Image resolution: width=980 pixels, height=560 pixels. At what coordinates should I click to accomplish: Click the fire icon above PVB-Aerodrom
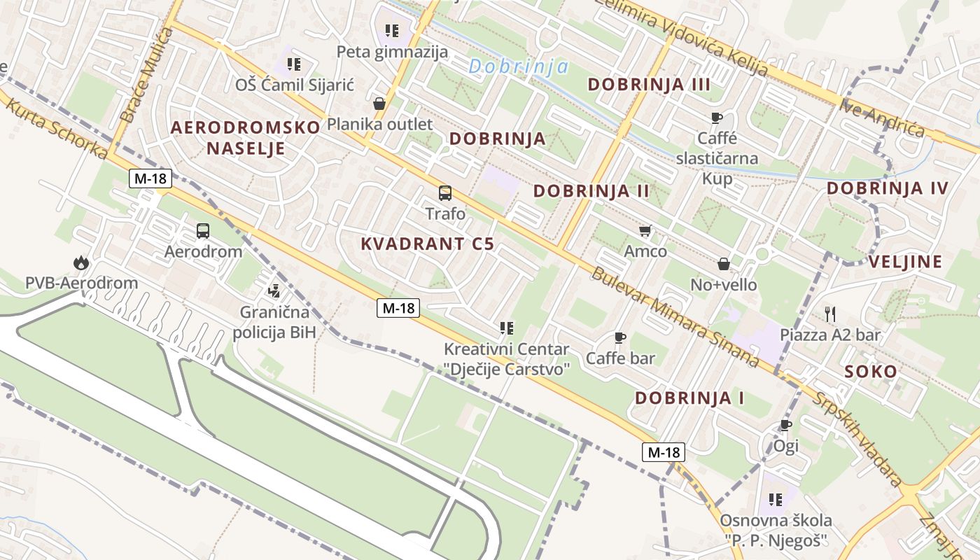pos(81,263)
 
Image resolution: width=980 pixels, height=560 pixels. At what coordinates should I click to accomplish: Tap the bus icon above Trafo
pos(444,193)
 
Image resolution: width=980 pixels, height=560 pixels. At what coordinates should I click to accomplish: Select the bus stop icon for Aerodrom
pos(202,230)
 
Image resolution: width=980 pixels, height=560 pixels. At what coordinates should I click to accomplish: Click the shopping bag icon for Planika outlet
pos(379,104)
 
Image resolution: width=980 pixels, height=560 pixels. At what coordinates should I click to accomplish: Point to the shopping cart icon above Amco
pos(645,230)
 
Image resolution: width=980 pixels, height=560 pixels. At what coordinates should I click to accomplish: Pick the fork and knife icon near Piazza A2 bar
pos(830,314)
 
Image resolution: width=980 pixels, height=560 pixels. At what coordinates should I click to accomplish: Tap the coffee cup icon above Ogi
pos(786,425)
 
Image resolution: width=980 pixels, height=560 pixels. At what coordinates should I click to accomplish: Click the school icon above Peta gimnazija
pos(392,31)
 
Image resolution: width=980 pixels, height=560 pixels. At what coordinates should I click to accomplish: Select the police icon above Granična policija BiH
pos(274,290)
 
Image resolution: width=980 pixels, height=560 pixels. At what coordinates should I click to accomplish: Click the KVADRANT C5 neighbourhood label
pos(427,244)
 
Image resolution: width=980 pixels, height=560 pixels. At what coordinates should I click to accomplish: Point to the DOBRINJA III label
pos(649,85)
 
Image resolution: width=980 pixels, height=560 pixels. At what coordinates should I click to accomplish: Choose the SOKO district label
pos(871,372)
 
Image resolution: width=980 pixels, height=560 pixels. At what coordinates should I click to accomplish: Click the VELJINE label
pos(905,262)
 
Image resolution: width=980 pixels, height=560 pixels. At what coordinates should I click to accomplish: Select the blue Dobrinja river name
pos(518,67)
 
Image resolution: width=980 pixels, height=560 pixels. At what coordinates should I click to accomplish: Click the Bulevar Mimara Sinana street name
pos(674,316)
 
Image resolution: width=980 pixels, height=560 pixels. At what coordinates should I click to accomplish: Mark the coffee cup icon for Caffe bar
pos(619,337)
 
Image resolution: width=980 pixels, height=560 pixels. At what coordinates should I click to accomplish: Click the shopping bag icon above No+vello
pos(723,264)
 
